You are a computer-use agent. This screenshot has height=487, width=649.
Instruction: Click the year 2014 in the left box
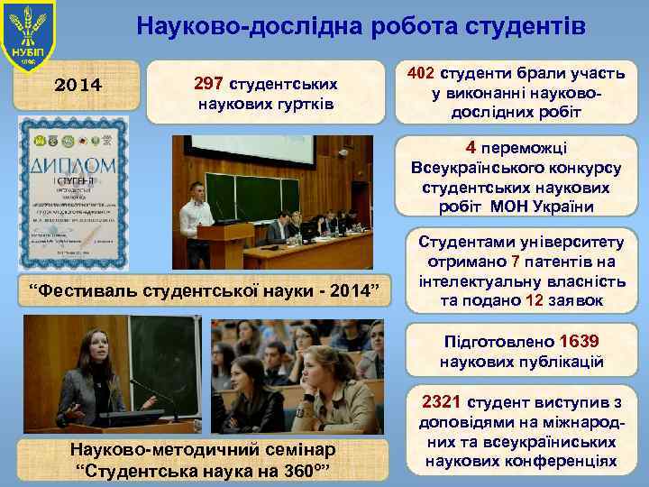78,86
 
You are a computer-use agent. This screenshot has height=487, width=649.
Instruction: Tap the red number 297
210,84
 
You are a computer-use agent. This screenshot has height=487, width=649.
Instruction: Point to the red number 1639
579,343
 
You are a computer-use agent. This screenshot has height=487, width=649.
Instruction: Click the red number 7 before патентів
515,262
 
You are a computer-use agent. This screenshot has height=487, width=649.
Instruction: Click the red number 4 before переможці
471,147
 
